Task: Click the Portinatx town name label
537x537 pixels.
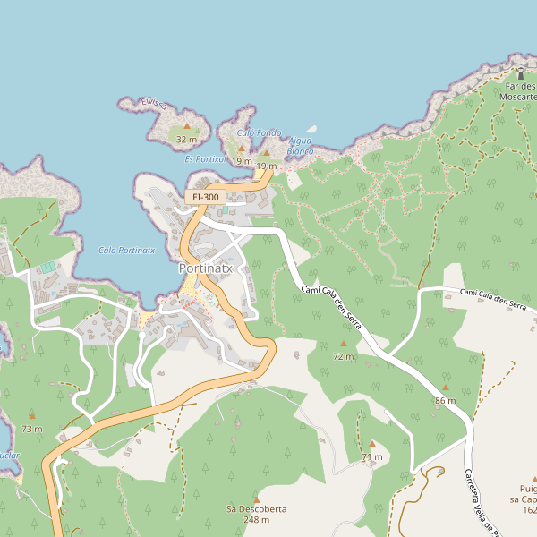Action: [206, 268]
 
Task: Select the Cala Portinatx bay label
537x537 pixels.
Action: [127, 251]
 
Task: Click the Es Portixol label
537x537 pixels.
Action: [205, 158]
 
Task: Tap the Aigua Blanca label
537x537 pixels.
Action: [301, 146]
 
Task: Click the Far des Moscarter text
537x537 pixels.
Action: [517, 90]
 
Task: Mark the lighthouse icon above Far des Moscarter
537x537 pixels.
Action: [520, 72]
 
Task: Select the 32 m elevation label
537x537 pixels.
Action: [186, 140]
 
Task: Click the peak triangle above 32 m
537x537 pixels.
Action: [186, 127]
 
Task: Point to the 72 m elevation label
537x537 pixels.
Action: [343, 356]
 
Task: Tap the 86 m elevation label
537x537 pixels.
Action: [445, 400]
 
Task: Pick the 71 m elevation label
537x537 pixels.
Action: [372, 456]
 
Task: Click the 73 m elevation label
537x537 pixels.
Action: [32, 429]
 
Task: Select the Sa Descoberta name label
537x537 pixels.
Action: [256, 508]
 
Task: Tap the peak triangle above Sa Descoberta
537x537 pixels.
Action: [256, 498]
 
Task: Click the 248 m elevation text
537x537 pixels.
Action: [256, 520]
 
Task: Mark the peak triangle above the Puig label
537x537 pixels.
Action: [534, 478]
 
